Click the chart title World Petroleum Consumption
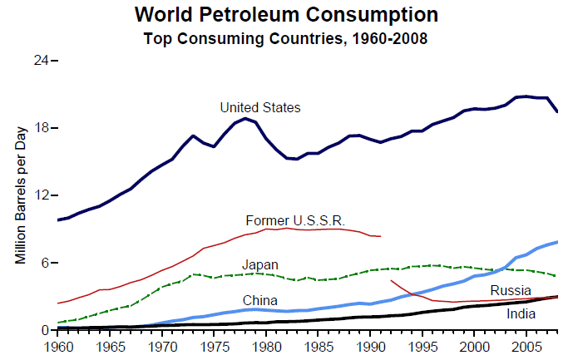pos(286,15)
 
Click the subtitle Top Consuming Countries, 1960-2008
pos(285,39)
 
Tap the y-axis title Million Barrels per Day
pos(21,195)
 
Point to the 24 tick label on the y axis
pos(42,61)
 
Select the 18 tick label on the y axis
pos(42,128)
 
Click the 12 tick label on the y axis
pos(42,195)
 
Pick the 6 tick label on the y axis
pos(45,264)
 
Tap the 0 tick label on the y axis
pos(45,330)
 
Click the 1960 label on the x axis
pos(58,347)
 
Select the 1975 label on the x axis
pos(215,347)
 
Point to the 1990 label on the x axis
pos(371,347)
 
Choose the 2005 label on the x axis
pos(526,347)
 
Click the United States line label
pos(260,108)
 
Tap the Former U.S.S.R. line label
pos(295,221)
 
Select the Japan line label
pos(260,265)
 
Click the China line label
pos(260,300)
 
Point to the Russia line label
pos(511,290)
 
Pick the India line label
pos(521,313)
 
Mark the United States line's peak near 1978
pos(245,118)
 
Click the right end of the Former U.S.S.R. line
pos(380,236)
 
